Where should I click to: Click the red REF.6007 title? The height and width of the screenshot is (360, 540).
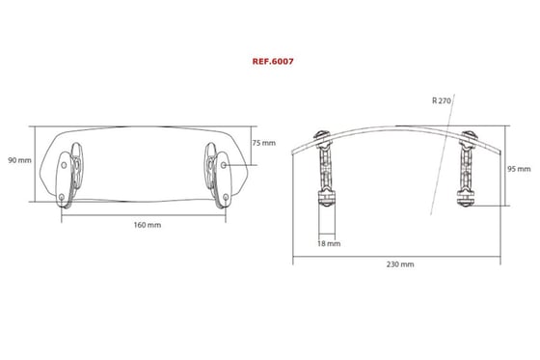(x=273, y=62)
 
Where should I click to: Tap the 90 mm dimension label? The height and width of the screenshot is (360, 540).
(x=19, y=160)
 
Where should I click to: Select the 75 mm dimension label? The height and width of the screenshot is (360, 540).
(x=264, y=143)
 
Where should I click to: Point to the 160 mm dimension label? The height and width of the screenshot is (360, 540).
(x=148, y=225)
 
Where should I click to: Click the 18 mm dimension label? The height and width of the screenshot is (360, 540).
(x=329, y=243)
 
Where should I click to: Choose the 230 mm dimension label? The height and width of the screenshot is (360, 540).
(x=400, y=264)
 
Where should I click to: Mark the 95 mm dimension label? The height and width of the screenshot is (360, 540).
(x=519, y=169)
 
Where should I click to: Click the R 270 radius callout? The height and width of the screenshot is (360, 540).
(x=442, y=100)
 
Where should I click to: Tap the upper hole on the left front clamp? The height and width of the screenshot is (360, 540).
(x=64, y=165)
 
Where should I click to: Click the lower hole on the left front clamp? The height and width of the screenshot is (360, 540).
(x=62, y=197)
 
